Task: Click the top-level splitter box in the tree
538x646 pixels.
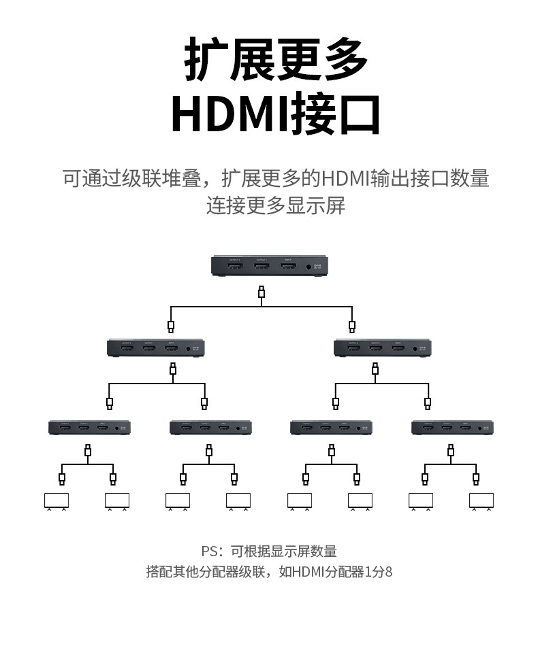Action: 270,266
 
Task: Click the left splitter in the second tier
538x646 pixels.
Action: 156,348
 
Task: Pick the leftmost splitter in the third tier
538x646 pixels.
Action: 89,428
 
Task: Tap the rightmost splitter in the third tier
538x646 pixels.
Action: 452,428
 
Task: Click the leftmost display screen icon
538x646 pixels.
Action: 56,500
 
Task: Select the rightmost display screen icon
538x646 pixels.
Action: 481,500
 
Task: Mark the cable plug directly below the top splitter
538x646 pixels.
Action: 262,293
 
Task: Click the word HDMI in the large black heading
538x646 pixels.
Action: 230,116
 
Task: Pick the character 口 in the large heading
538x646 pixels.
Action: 358,116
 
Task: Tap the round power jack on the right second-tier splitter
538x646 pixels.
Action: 415,349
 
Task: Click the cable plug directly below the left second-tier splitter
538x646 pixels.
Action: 173,369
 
